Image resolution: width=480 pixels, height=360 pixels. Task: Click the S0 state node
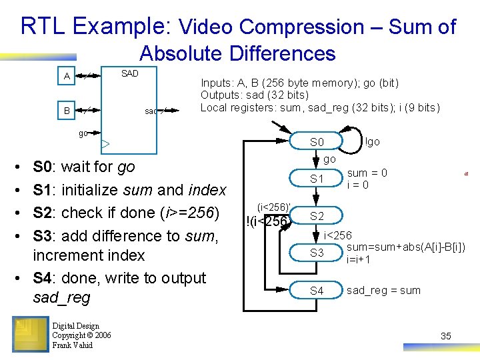[x=317, y=142]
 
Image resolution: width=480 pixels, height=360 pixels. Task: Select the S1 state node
[x=317, y=179]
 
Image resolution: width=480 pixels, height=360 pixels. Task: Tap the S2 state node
[x=317, y=216]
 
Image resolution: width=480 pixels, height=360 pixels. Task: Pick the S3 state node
[x=317, y=253]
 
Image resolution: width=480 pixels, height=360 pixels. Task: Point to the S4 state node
[x=317, y=291]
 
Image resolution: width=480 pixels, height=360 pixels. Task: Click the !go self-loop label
[x=373, y=141]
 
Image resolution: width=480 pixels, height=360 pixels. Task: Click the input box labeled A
[x=67, y=77]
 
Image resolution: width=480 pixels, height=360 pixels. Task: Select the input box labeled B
[x=67, y=109]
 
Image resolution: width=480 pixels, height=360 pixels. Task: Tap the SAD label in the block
[x=129, y=73]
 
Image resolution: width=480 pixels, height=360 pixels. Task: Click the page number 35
[x=445, y=336]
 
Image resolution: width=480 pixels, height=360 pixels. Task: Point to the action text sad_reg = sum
[x=383, y=291]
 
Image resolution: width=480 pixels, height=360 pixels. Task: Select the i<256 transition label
[x=337, y=235]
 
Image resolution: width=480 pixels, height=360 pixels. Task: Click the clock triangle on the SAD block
[x=105, y=143]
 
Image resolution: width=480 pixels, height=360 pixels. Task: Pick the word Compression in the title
[x=301, y=27]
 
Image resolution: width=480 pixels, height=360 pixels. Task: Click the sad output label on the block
[x=151, y=111]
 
